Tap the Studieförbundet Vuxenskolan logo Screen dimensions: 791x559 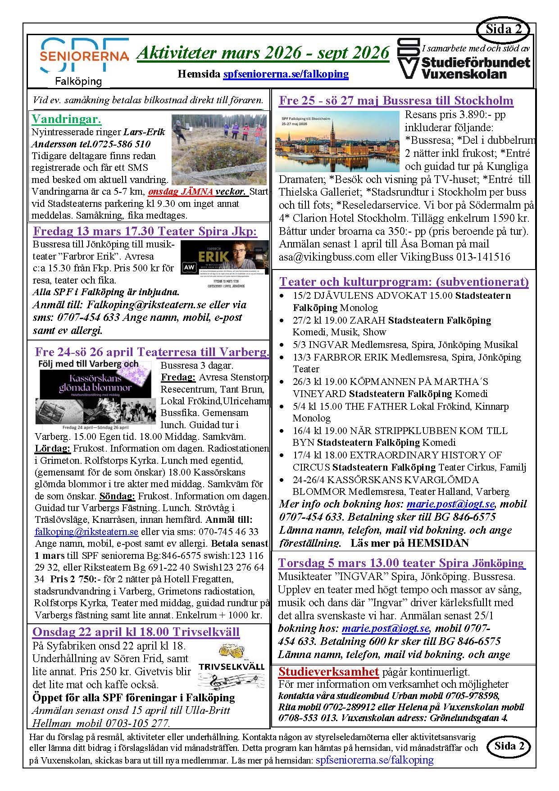[464, 59]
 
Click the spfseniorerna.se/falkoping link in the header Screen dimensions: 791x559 [286, 73]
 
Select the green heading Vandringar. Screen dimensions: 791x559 [67, 119]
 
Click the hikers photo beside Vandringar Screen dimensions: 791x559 [219, 149]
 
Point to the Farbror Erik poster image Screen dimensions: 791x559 [224, 264]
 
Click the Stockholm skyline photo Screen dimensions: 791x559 [337, 142]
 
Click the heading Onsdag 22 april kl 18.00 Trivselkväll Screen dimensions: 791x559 [136, 631]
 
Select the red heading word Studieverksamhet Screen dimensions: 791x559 [328, 672]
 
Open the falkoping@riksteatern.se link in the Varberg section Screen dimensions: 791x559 [86, 532]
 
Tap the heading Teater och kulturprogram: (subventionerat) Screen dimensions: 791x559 [404, 282]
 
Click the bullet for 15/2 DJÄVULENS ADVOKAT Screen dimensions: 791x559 [282, 296]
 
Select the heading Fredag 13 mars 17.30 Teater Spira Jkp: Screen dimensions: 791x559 [145, 232]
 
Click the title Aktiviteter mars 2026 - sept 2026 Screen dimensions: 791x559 [263, 53]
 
